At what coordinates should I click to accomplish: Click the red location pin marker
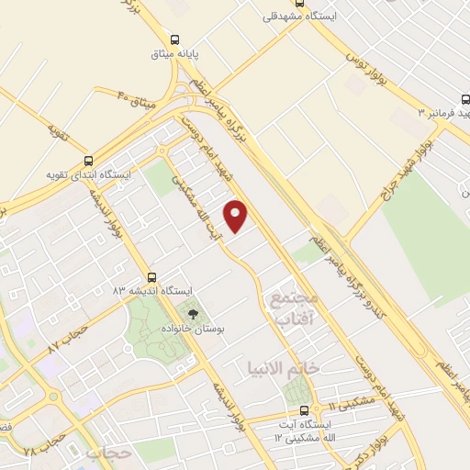(237, 215)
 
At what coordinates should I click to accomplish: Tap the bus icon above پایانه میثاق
(174, 39)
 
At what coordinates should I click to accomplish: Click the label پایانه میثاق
(174, 54)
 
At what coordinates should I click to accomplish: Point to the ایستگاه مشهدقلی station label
(297, 17)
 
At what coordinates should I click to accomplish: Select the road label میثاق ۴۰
(139, 97)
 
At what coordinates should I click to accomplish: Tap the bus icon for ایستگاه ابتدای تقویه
(89, 159)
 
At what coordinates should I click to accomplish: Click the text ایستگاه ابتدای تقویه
(90, 173)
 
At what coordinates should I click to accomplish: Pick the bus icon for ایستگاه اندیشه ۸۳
(151, 276)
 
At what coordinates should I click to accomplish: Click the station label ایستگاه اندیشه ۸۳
(152, 290)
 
